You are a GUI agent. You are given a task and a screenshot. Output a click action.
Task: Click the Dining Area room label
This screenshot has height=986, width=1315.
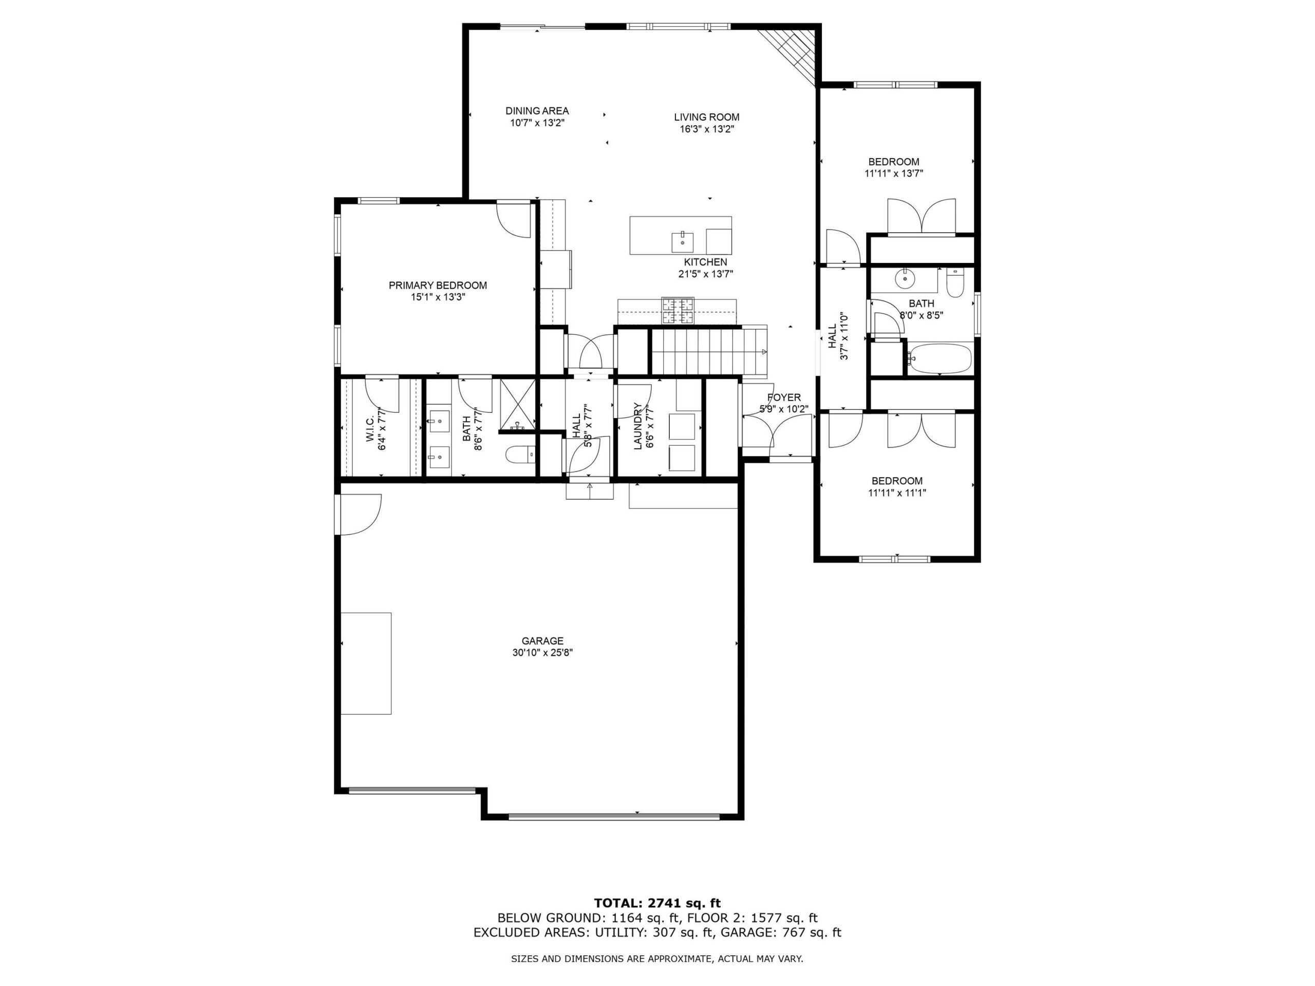pyautogui.click(x=537, y=110)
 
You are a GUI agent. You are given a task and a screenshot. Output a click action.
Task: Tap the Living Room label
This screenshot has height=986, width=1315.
pyautogui.click(x=706, y=117)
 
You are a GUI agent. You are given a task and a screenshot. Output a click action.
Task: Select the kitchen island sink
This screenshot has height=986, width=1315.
pyautogui.click(x=682, y=242)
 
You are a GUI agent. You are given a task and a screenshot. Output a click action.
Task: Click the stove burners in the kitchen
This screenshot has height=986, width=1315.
pyautogui.click(x=679, y=311)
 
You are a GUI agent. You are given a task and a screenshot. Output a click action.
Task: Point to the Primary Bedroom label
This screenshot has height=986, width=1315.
pyautogui.click(x=438, y=286)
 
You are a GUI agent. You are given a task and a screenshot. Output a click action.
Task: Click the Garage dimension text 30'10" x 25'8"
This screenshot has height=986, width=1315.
pyautogui.click(x=542, y=653)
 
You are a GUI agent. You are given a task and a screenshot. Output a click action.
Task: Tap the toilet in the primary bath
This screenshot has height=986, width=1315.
pyautogui.click(x=521, y=456)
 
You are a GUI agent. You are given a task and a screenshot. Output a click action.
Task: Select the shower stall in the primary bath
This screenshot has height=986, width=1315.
pyautogui.click(x=518, y=404)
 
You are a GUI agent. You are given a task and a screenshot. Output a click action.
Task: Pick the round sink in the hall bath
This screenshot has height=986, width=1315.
pyautogui.click(x=905, y=277)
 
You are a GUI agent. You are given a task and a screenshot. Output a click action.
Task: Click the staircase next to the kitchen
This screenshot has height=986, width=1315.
pyautogui.click(x=709, y=351)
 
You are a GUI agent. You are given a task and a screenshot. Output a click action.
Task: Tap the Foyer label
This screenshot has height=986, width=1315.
pyautogui.click(x=783, y=397)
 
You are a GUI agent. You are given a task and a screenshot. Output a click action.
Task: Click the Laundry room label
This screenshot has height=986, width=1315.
pyautogui.click(x=638, y=426)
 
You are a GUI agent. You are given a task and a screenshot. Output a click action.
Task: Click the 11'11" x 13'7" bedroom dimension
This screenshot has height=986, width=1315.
pyautogui.click(x=893, y=174)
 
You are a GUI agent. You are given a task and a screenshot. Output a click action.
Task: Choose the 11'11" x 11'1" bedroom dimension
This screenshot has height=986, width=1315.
pyautogui.click(x=897, y=492)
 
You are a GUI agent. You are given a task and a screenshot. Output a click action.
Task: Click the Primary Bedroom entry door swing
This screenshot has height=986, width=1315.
pyautogui.click(x=513, y=220)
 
